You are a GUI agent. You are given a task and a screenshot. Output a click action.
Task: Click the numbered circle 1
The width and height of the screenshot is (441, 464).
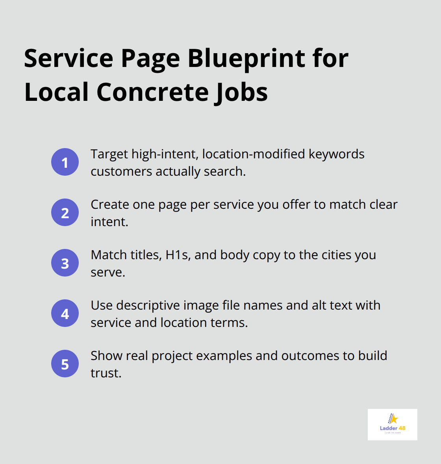pyautogui.click(x=65, y=162)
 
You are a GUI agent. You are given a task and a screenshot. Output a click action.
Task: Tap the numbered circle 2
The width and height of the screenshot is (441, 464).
pyautogui.click(x=65, y=212)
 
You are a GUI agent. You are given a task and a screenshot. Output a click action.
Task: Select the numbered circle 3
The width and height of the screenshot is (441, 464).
pyautogui.click(x=65, y=263)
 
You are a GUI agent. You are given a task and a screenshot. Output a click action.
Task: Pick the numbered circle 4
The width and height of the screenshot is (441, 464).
pyautogui.click(x=65, y=313)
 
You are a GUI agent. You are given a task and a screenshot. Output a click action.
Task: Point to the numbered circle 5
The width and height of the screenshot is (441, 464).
pyautogui.click(x=65, y=364)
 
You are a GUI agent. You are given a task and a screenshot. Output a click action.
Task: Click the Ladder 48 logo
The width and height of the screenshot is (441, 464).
pyautogui.click(x=392, y=424)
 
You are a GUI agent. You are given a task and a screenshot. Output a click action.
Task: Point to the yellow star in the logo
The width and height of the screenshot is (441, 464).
pyautogui.click(x=394, y=419)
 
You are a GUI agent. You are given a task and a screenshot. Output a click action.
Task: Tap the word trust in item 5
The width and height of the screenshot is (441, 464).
pyautogui.click(x=105, y=373)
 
